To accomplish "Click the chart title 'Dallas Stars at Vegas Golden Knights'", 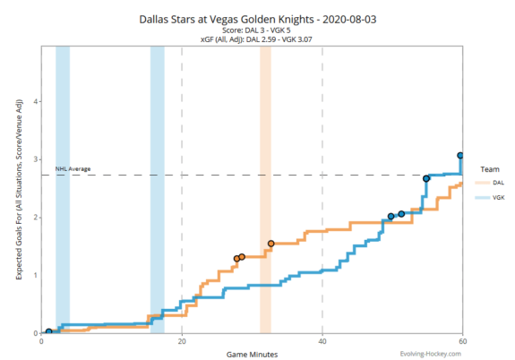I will click(257, 18).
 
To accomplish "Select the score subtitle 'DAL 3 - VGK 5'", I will click(257, 30).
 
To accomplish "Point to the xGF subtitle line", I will click(257, 40).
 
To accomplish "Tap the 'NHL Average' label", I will click(73, 168).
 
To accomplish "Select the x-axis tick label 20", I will click(182, 341).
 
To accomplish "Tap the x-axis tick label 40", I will click(322, 341).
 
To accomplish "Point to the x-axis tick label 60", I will click(462, 341).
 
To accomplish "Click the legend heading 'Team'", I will click(489, 168).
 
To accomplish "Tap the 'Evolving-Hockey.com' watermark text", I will click(431, 353).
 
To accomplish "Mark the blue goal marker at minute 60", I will click(461, 156).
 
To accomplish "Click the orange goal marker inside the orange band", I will click(271, 244).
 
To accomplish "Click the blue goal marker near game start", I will click(48, 331).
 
